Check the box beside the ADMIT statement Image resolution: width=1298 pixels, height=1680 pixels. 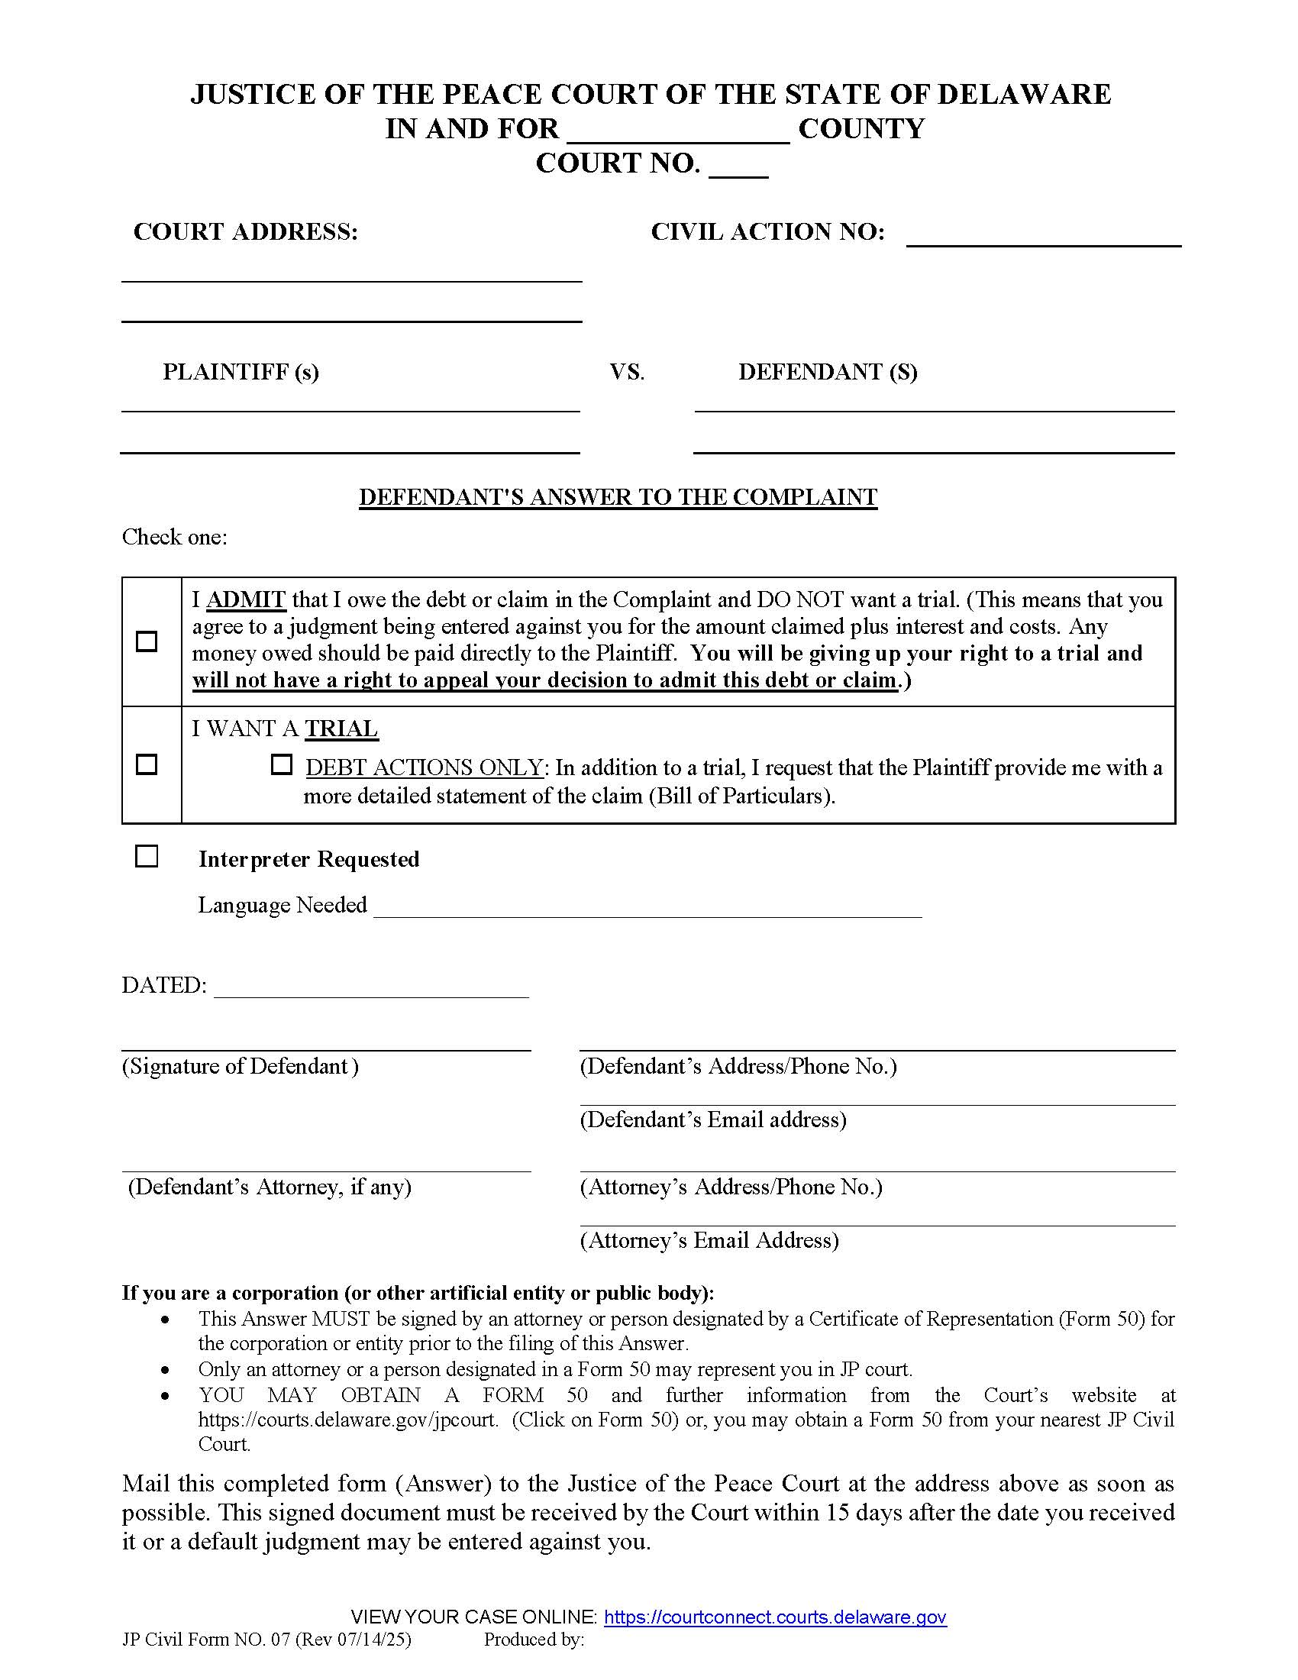(x=146, y=641)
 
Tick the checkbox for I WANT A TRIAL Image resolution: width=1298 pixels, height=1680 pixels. (x=146, y=764)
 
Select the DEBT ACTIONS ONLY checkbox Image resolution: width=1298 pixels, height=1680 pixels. (x=282, y=764)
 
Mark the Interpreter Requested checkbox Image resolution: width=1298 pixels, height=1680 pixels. (x=146, y=856)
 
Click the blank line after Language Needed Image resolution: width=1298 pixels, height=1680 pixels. (x=647, y=908)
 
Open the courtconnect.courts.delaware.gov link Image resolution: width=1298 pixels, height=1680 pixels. (x=775, y=1617)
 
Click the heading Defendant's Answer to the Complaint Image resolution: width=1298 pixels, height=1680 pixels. (x=618, y=497)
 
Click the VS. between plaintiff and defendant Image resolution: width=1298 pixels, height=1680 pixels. (x=627, y=373)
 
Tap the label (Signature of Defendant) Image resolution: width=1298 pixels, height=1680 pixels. (x=240, y=1066)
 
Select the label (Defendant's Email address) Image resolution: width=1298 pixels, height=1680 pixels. (x=713, y=1119)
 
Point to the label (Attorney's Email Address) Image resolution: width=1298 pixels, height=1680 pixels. (x=709, y=1240)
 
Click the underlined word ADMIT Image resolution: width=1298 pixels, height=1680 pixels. (x=246, y=599)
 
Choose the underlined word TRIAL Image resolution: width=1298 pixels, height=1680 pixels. (x=341, y=729)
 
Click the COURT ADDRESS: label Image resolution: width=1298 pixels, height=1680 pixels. (x=245, y=231)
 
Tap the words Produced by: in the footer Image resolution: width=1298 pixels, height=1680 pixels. (x=534, y=1640)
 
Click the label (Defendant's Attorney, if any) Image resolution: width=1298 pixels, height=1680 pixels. (x=269, y=1187)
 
